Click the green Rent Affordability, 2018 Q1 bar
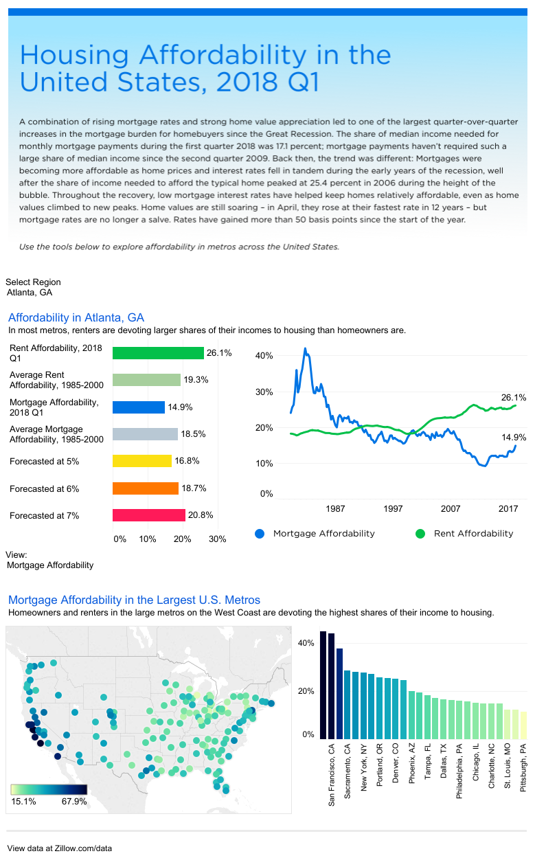click(158, 353)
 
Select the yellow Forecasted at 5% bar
click(141, 461)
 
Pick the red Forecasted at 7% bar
click(149, 515)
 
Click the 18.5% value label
click(193, 434)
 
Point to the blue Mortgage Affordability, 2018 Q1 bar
click(138, 407)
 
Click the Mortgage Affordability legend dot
click(259, 534)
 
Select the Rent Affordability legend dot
click(420, 534)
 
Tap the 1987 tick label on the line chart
click(335, 509)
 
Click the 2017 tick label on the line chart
click(508, 509)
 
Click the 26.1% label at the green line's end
click(514, 398)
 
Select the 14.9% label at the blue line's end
click(514, 437)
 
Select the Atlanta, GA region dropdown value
click(30, 293)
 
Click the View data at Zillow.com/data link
click(60, 848)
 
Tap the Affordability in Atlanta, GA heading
click(76, 317)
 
